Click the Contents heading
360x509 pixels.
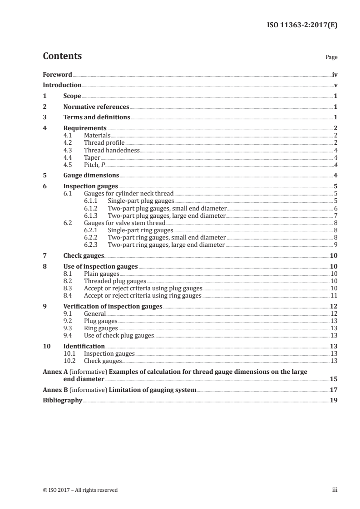(x=62, y=56)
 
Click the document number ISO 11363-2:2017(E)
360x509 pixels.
(x=301, y=25)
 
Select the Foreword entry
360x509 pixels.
(x=57, y=74)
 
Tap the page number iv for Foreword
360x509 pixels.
(x=335, y=74)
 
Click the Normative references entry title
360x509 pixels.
(x=96, y=107)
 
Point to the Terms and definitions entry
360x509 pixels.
(x=97, y=117)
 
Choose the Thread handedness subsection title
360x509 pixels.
(x=112, y=150)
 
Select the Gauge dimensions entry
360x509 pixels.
(x=91, y=176)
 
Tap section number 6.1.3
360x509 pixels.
(x=92, y=215)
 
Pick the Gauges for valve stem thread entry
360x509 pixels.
(x=124, y=223)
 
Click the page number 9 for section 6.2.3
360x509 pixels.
(x=335, y=245)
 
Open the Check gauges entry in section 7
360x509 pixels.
(x=84, y=255)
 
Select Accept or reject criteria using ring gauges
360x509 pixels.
(x=143, y=295)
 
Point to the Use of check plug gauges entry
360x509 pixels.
(x=119, y=335)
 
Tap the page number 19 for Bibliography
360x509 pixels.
(x=334, y=401)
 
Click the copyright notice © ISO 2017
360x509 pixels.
(x=80, y=490)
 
